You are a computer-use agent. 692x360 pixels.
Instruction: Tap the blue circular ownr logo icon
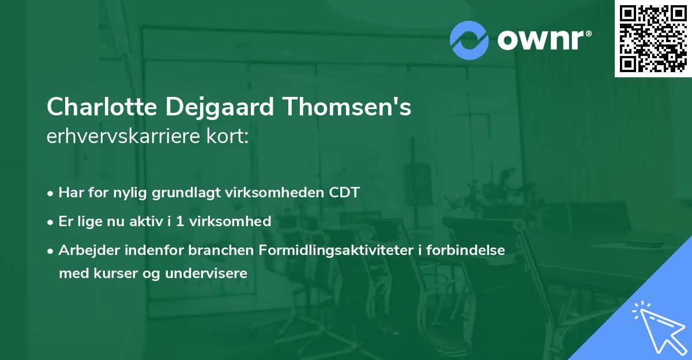(469, 40)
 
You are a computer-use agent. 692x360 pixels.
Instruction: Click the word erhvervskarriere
(128, 137)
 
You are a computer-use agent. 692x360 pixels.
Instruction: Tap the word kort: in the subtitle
(231, 137)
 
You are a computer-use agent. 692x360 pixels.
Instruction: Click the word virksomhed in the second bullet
(237, 221)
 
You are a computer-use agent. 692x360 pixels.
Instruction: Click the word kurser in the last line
(114, 273)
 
